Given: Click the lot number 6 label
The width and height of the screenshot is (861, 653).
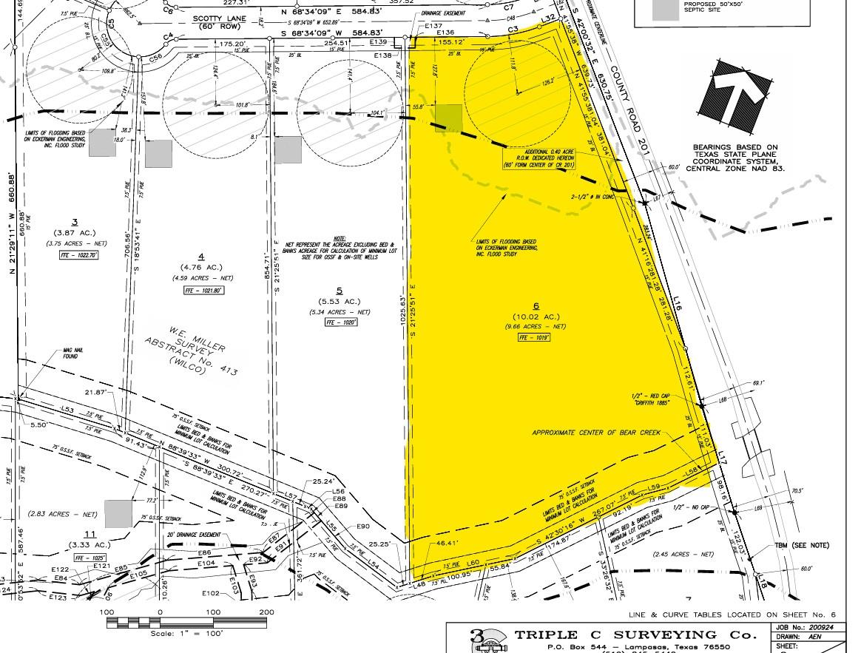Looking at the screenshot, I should [x=536, y=305].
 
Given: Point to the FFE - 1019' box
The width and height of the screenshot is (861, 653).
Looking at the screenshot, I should [x=536, y=337].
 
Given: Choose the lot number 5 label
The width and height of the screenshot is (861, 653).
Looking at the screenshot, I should [x=338, y=290].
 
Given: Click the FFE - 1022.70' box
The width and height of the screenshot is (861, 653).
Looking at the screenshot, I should [x=78, y=255].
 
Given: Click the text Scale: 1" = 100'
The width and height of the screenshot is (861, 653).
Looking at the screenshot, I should [x=186, y=634].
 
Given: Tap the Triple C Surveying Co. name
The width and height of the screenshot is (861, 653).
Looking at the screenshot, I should [x=636, y=635].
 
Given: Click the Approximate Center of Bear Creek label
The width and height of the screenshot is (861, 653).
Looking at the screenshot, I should [x=595, y=432].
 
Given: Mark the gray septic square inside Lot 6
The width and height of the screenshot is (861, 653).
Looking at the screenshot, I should [x=448, y=118].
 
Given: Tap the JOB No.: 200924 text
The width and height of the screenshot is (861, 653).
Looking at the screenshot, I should [x=811, y=626].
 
